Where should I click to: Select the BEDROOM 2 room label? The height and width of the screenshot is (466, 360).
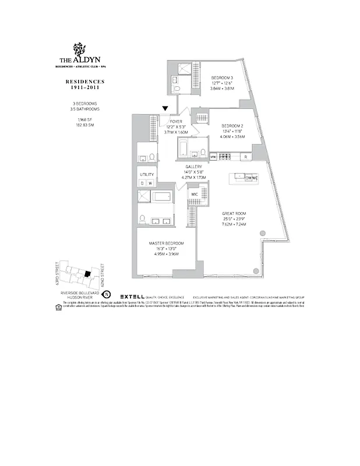pos(232,125)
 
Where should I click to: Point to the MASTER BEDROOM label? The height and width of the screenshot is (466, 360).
pos(166,243)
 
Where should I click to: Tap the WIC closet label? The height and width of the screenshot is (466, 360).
pos(195,194)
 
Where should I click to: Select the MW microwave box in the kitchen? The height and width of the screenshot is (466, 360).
pos(213,157)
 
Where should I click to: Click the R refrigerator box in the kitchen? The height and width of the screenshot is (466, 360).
pos(246,157)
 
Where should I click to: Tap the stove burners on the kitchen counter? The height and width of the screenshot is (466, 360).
pos(239,176)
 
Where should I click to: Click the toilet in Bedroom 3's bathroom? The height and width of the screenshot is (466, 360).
pos(177,89)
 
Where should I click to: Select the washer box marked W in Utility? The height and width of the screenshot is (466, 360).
pos(150,183)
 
